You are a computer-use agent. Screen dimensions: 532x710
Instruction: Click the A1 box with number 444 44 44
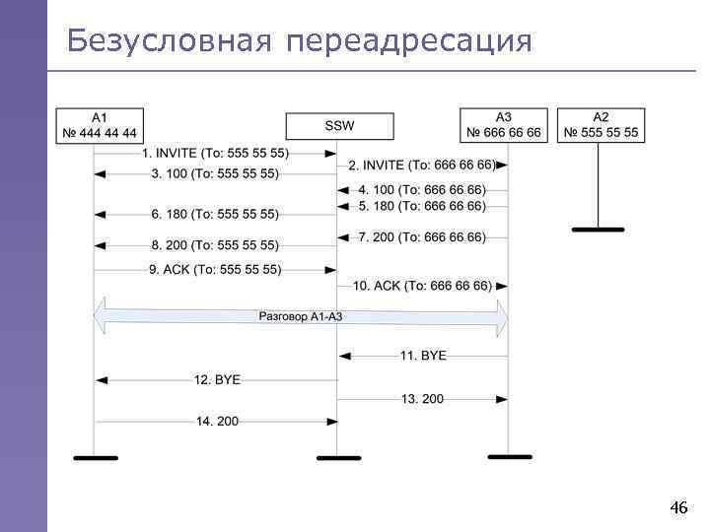pyautogui.click(x=101, y=125)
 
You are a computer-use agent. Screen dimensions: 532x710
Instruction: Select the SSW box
pyautogui.click(x=339, y=126)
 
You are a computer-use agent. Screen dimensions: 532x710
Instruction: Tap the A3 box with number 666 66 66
pyautogui.click(x=503, y=125)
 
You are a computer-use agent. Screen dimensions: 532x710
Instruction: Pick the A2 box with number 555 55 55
pyautogui.click(x=601, y=125)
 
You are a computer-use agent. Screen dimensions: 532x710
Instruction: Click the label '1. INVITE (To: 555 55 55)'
pyautogui.click(x=216, y=154)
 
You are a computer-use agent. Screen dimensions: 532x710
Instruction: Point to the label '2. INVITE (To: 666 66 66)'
pyautogui.click(x=422, y=165)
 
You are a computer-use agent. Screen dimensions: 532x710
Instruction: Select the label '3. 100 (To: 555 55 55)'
pyautogui.click(x=215, y=174)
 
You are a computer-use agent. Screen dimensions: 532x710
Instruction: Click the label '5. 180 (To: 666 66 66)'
pyautogui.click(x=422, y=206)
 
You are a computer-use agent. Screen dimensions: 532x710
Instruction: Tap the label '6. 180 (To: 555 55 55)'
pyautogui.click(x=215, y=214)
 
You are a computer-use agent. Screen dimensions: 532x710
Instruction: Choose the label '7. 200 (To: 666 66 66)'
pyautogui.click(x=422, y=236)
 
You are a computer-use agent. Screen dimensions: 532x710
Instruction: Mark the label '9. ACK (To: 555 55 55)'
pyautogui.click(x=216, y=269)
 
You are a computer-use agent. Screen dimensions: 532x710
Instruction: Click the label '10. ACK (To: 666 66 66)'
pyautogui.click(x=422, y=286)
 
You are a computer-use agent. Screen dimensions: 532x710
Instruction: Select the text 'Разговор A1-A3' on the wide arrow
pyautogui.click(x=301, y=317)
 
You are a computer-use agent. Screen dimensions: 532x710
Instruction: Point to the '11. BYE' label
pyautogui.click(x=423, y=355)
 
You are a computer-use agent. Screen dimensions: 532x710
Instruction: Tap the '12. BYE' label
pyautogui.click(x=217, y=379)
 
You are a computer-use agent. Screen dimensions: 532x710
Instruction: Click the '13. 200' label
pyautogui.click(x=423, y=399)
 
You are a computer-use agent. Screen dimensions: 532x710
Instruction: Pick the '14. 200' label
pyautogui.click(x=217, y=422)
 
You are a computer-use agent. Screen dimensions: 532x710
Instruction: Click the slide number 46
pyautogui.click(x=677, y=508)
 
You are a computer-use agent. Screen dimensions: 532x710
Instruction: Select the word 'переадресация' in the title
pyautogui.click(x=411, y=41)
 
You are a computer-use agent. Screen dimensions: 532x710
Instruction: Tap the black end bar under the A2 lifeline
pyautogui.click(x=598, y=230)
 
